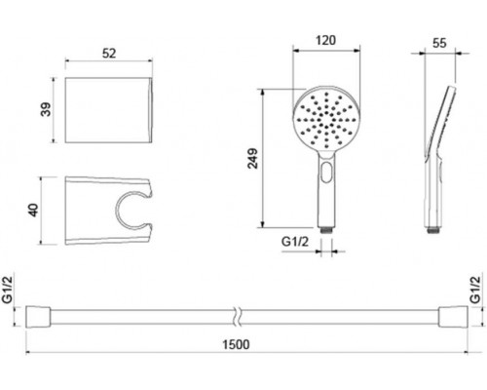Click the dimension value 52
click(x=109, y=54)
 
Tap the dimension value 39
click(x=46, y=109)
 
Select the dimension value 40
click(x=34, y=211)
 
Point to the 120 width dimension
click(x=325, y=40)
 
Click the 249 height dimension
click(x=252, y=158)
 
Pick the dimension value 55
click(x=439, y=43)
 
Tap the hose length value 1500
click(x=236, y=344)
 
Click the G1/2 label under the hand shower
click(x=295, y=242)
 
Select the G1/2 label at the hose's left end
click(x=7, y=290)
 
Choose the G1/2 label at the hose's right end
click(x=475, y=290)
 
